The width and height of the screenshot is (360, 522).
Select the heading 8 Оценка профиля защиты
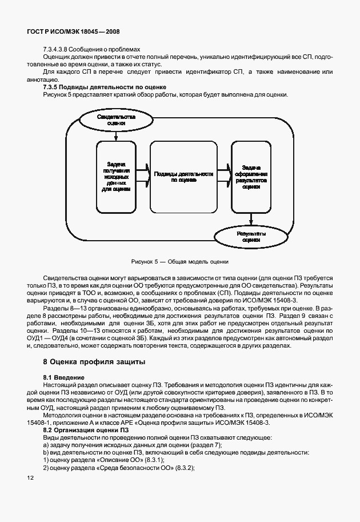pyautogui.click(x=94, y=361)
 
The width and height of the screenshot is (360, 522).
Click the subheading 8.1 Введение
pyautogui.click(x=64, y=378)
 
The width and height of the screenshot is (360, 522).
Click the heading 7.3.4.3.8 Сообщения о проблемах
pyautogui.click(x=91, y=49)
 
